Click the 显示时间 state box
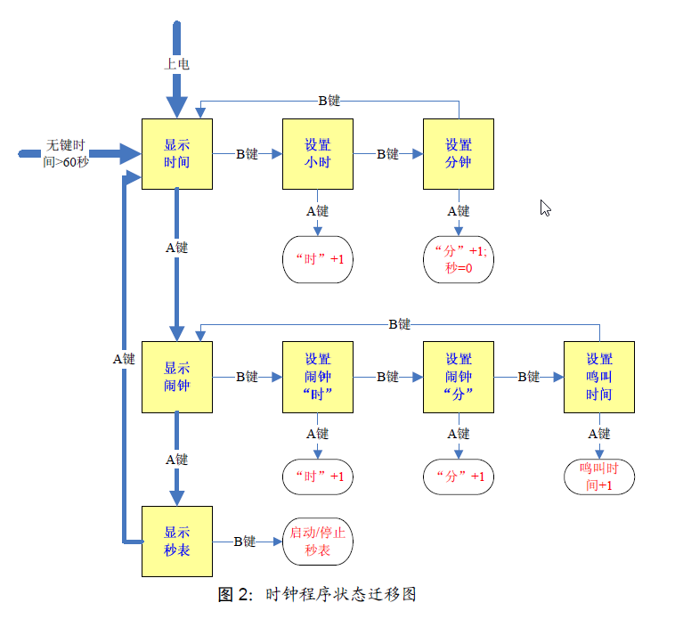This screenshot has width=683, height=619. click(177, 154)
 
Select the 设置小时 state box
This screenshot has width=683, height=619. click(318, 154)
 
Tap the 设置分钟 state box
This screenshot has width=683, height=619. click(459, 154)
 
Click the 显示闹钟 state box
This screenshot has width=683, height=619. click(177, 377)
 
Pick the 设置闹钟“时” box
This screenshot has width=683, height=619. click(318, 377)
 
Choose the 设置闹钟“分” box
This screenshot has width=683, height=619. click(459, 377)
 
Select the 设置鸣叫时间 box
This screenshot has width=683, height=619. click(599, 377)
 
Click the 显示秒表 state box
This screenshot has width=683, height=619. click(177, 541)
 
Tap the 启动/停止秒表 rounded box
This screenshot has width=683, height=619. click(318, 542)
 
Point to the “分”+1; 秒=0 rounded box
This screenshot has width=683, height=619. click(459, 260)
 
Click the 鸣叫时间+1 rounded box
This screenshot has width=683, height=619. click(599, 476)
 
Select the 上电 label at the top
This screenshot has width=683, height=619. click(176, 64)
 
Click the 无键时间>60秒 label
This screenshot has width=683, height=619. click(66, 153)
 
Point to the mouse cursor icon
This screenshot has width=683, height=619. click(545, 208)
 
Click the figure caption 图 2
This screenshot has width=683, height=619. click(317, 595)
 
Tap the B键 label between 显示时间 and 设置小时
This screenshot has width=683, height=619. click(247, 154)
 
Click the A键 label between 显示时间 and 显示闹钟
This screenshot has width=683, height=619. click(177, 248)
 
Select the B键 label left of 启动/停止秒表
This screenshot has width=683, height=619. click(245, 541)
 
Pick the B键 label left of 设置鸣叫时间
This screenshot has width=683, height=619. click(528, 377)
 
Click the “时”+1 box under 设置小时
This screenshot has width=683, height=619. click(318, 260)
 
